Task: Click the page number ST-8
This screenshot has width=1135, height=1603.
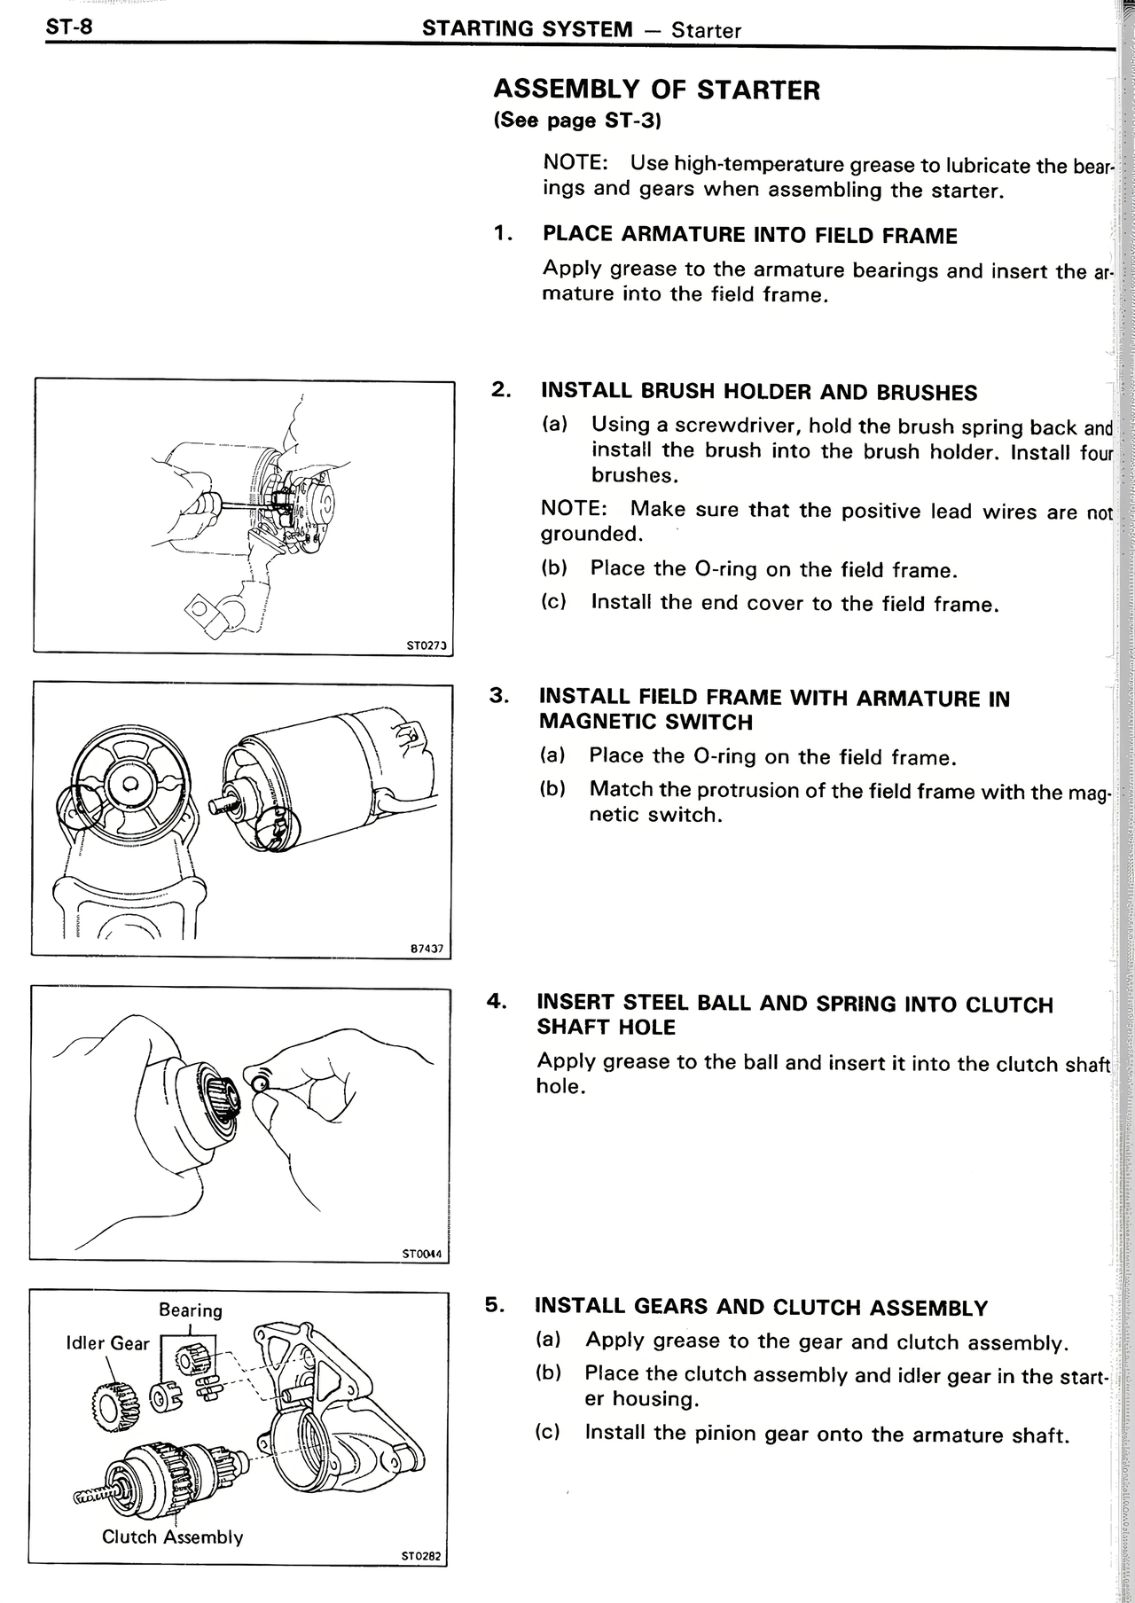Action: (x=69, y=26)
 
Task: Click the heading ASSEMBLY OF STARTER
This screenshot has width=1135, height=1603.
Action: (x=656, y=90)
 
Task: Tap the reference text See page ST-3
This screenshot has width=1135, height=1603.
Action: (x=577, y=121)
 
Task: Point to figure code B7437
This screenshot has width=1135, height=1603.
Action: (x=427, y=949)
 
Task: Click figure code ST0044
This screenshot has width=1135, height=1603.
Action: (x=421, y=1254)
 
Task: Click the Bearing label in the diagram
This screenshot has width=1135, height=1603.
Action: (x=190, y=1310)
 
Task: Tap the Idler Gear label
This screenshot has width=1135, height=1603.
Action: (x=107, y=1343)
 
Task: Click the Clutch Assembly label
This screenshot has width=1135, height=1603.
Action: (x=172, y=1537)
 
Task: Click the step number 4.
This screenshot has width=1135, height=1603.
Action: (x=496, y=1002)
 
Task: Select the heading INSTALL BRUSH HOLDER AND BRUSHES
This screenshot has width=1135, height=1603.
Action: (x=758, y=392)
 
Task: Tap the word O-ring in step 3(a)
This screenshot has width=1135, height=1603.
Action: (x=701, y=756)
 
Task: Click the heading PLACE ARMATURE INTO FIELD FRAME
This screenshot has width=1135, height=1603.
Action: (x=749, y=235)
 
